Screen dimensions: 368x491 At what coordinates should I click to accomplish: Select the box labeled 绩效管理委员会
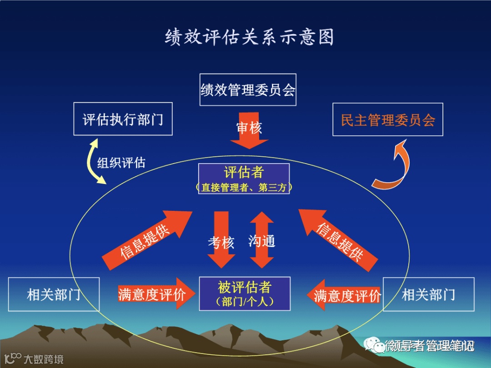(x=248, y=90)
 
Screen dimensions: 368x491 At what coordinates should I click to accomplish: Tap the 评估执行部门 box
(x=123, y=119)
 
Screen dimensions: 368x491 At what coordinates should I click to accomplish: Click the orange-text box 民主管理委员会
(x=388, y=119)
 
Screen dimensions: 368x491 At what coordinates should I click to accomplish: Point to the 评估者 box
(x=244, y=179)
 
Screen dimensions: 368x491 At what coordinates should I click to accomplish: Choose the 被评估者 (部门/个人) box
(x=245, y=293)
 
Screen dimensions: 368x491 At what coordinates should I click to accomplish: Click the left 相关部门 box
(x=54, y=294)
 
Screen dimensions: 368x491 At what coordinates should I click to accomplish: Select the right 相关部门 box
(x=428, y=294)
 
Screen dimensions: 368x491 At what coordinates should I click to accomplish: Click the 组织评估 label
(x=121, y=163)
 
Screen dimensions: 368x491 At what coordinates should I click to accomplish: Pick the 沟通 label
(x=262, y=241)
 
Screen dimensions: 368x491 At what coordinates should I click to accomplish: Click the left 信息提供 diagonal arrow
(x=145, y=239)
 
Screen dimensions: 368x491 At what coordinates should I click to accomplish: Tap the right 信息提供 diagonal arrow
(x=339, y=240)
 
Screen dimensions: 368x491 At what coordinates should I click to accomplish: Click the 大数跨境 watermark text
(x=44, y=359)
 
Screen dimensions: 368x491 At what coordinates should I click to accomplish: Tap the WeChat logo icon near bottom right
(x=372, y=346)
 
